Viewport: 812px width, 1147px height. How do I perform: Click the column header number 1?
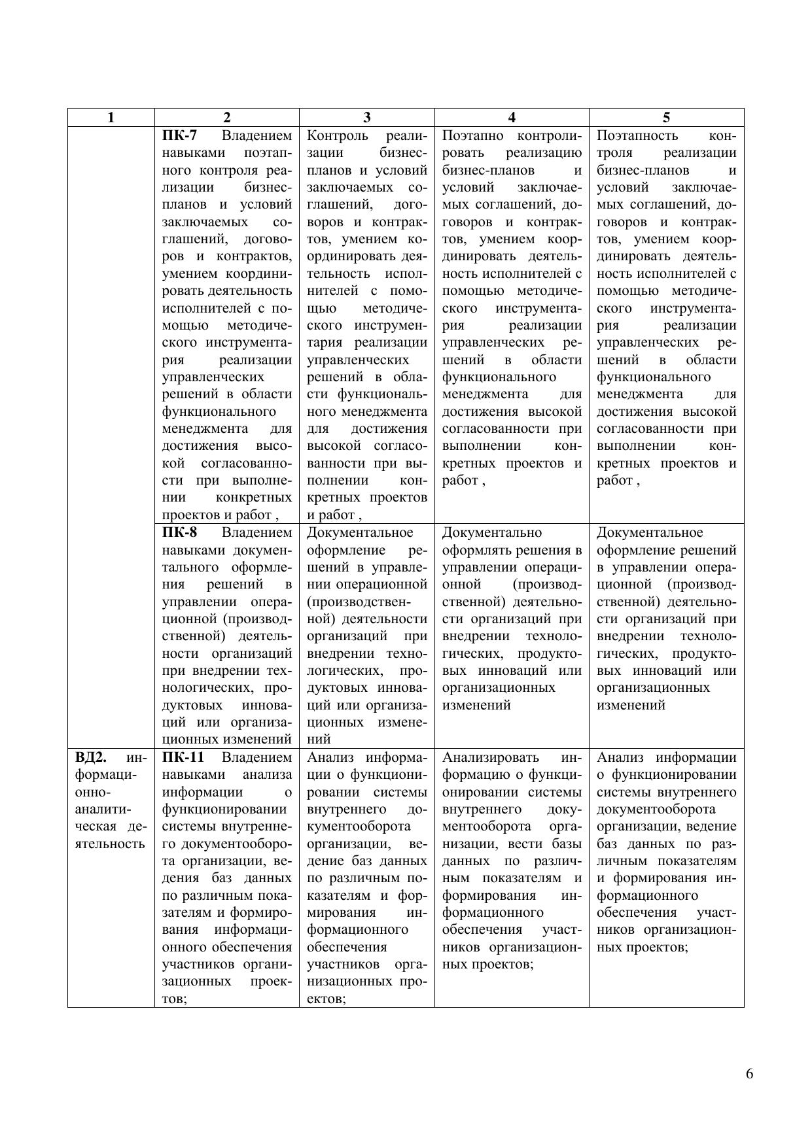pos(111,118)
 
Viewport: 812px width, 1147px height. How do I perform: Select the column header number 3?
pos(366,118)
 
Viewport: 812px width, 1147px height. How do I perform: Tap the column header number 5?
pos(666,118)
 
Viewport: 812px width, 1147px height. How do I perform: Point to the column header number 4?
pos(512,118)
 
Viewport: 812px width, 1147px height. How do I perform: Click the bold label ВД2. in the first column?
pos(90,757)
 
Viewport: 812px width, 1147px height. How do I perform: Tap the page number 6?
pos(749,1074)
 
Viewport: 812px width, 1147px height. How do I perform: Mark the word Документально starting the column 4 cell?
pos(492,532)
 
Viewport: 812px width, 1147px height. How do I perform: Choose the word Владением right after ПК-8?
pos(256,532)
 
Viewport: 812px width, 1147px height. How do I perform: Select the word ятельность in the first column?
pos(110,844)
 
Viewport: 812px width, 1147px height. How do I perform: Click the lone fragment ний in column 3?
pos(319,740)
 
